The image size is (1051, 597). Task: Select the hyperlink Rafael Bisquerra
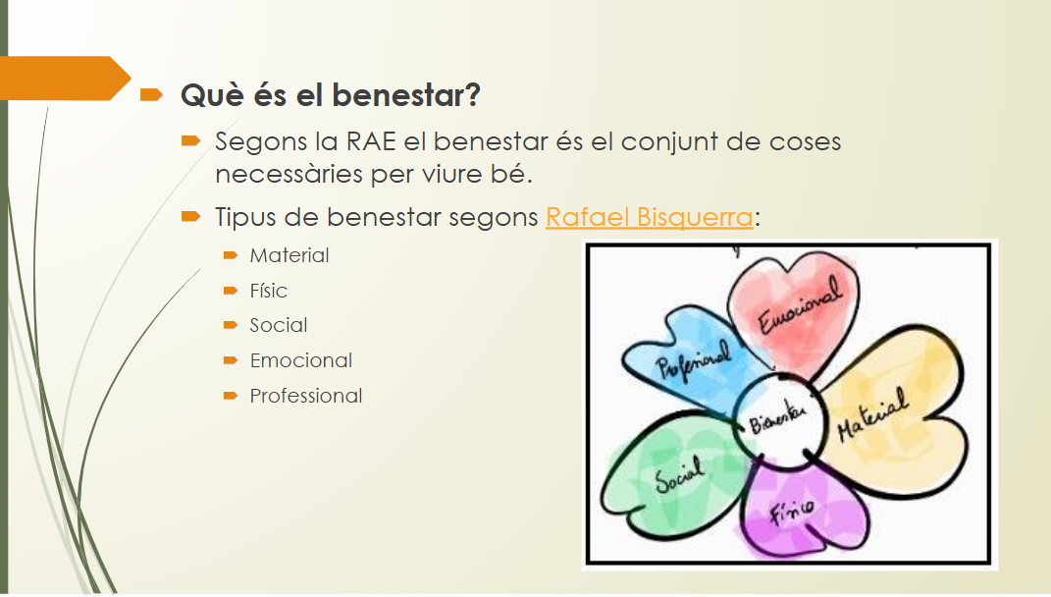click(649, 217)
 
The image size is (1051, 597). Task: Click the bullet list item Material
click(289, 255)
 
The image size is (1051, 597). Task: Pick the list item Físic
click(268, 291)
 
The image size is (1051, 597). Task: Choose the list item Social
click(279, 325)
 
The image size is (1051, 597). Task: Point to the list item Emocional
click(301, 360)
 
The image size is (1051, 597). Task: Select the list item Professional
click(306, 396)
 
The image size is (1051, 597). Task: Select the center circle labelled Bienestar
click(775, 423)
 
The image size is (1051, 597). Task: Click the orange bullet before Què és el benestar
click(151, 95)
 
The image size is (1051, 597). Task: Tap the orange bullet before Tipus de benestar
click(190, 217)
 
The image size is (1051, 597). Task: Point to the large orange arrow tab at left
click(59, 79)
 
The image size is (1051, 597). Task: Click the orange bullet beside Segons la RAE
click(190, 141)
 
